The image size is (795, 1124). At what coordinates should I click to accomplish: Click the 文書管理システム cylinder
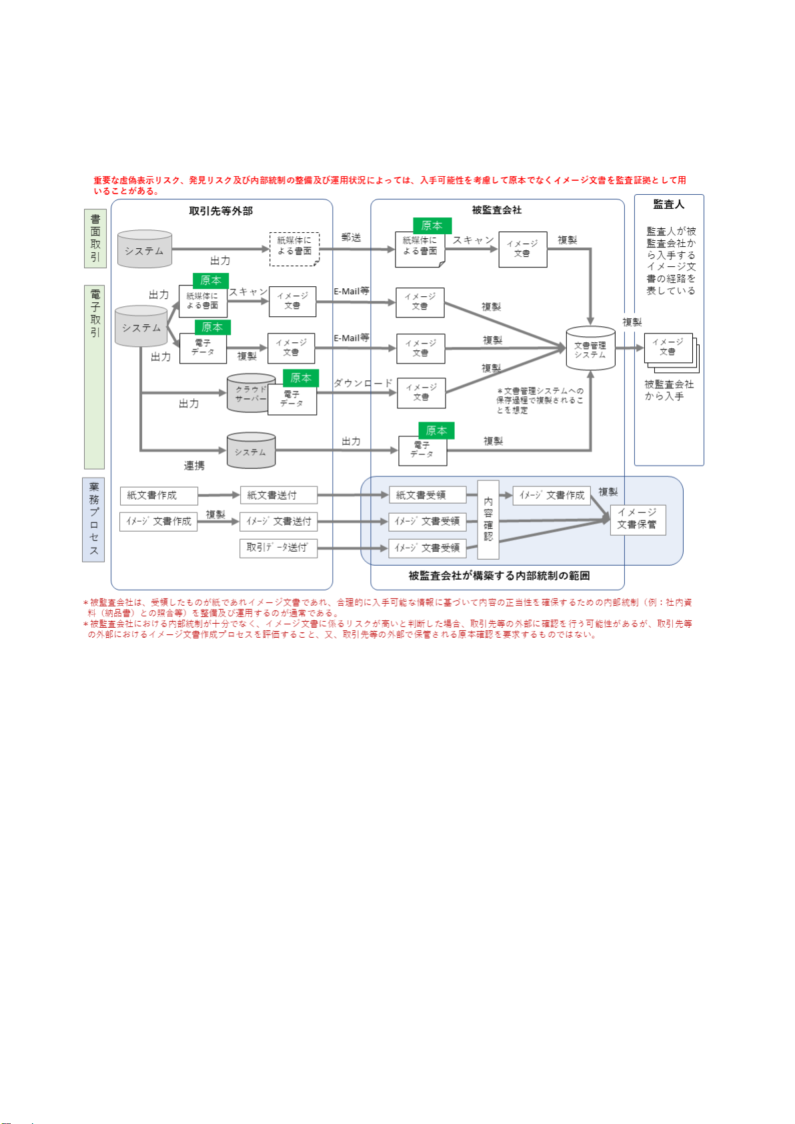click(x=590, y=348)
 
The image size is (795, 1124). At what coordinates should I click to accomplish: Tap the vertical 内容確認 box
click(x=488, y=519)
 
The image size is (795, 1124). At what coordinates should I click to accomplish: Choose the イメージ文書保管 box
click(x=638, y=519)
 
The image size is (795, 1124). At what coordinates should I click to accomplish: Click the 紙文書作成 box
click(x=159, y=496)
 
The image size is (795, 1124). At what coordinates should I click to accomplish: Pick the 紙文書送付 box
click(x=278, y=496)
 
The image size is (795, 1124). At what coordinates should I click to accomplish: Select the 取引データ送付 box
click(x=278, y=548)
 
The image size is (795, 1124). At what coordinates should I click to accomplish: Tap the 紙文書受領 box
click(x=427, y=496)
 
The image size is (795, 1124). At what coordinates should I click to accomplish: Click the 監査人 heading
click(x=668, y=204)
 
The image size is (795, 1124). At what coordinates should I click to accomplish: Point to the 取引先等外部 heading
click(x=221, y=211)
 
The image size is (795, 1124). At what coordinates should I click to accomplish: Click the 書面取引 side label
click(x=95, y=238)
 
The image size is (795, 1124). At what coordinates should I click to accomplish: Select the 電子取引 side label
click(x=95, y=314)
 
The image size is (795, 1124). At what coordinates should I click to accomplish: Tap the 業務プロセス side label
click(x=94, y=519)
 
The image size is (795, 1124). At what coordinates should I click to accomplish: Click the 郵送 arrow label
click(x=351, y=237)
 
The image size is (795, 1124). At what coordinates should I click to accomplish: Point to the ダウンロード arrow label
click(x=363, y=383)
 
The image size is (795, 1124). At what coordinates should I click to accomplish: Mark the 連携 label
click(x=194, y=466)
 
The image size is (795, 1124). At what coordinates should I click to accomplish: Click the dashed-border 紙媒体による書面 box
click(x=294, y=249)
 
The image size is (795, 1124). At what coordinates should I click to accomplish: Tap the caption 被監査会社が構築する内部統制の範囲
click(x=499, y=576)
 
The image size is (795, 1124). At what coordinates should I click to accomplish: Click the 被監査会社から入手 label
click(x=668, y=390)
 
